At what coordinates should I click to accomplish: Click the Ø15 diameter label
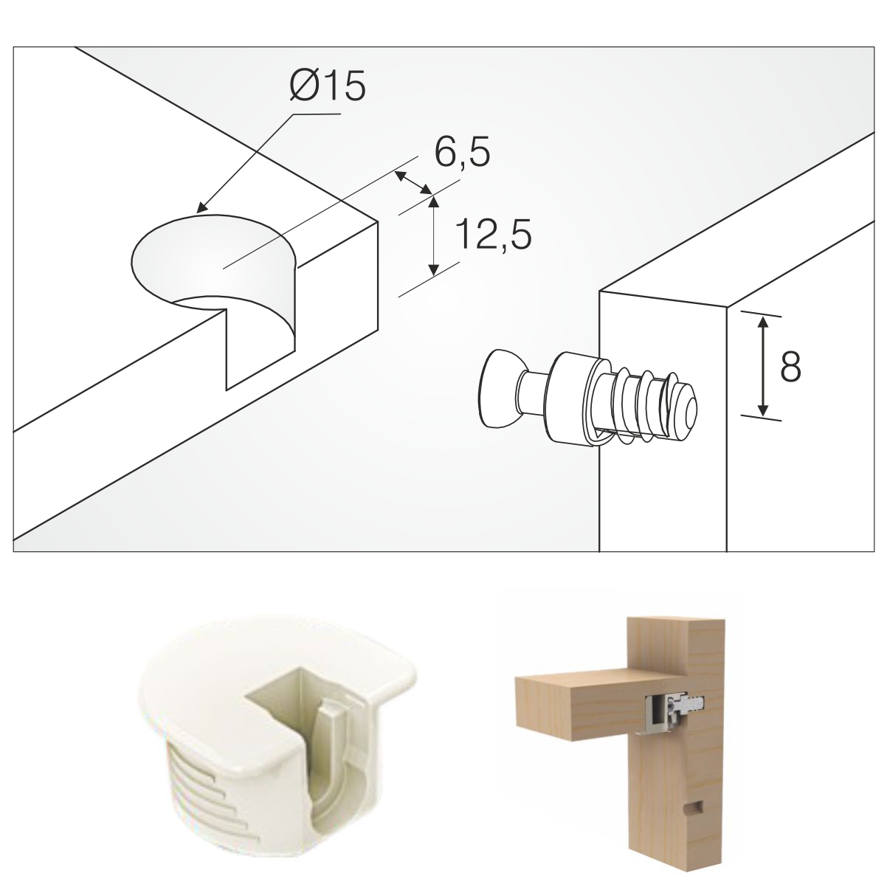(328, 86)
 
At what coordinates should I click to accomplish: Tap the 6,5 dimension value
(462, 152)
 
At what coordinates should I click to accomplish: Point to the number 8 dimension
(791, 367)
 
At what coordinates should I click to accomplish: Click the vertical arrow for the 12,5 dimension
(433, 236)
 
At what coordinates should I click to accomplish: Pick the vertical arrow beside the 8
(763, 367)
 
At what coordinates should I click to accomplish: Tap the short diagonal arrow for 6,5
(414, 183)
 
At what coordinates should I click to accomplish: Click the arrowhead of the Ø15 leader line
(202, 208)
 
